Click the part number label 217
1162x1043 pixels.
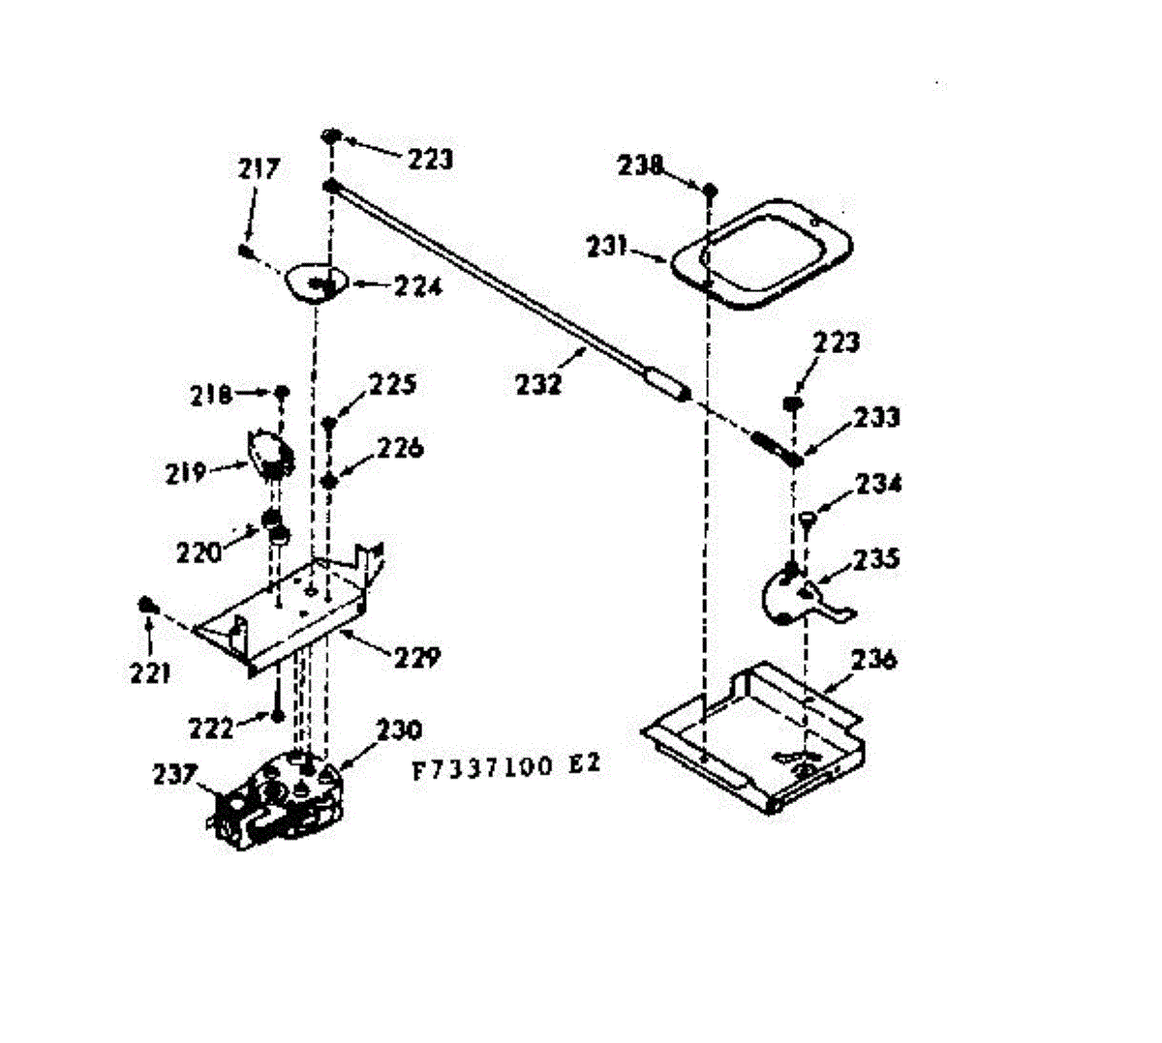(x=259, y=169)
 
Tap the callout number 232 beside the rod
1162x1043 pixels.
(x=537, y=384)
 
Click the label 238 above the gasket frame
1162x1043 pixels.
(x=640, y=165)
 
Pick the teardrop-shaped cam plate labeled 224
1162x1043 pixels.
(x=313, y=283)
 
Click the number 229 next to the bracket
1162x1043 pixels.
(x=416, y=658)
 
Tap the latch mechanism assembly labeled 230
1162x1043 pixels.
(x=281, y=793)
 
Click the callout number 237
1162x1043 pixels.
(x=175, y=774)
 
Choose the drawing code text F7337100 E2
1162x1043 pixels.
(x=506, y=765)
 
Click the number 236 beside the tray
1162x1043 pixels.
(x=874, y=660)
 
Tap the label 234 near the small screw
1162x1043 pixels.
(x=877, y=483)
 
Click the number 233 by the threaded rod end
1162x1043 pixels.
(x=876, y=417)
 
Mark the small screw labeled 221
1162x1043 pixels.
(x=147, y=605)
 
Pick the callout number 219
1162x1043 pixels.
(x=184, y=473)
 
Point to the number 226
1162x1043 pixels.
(x=400, y=448)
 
